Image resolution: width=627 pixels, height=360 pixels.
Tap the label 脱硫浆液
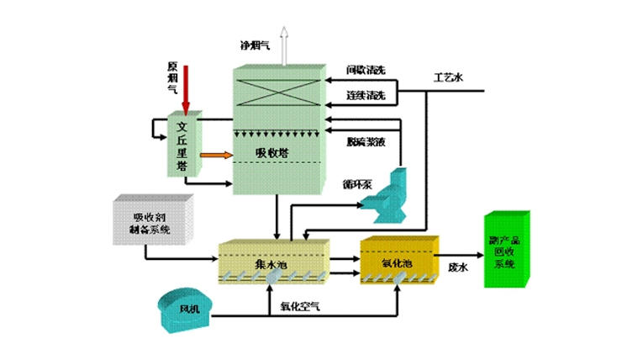point(366,142)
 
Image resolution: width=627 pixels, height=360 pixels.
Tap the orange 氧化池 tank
point(398,262)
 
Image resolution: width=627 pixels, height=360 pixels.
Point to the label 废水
point(458,267)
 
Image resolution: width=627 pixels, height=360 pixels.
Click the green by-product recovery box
point(505,251)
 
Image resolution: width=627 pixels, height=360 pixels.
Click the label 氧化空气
point(294,307)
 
